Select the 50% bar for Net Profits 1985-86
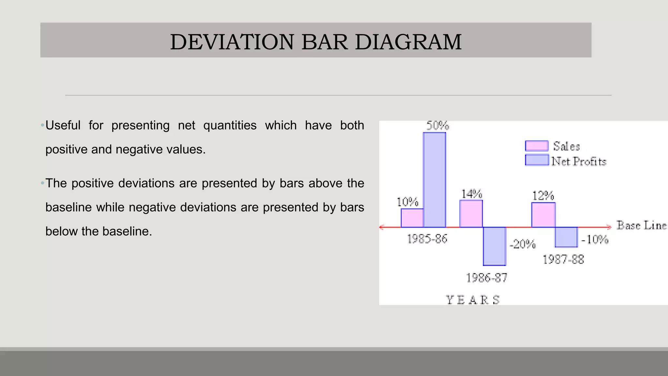point(434,180)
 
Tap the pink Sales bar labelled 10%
point(412,218)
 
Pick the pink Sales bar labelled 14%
point(471,214)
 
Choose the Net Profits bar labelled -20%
point(494,246)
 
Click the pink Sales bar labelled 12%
point(543,215)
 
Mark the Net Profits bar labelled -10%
point(566,237)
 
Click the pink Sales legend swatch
point(537,146)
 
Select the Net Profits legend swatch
point(537,160)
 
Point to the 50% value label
point(438,126)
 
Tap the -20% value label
point(523,244)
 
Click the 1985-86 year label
point(427,239)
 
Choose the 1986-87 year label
point(487,278)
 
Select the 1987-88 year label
point(563,260)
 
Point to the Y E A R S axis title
point(473,300)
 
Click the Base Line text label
point(641,226)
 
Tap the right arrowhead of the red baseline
point(609,227)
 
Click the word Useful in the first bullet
point(63,125)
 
